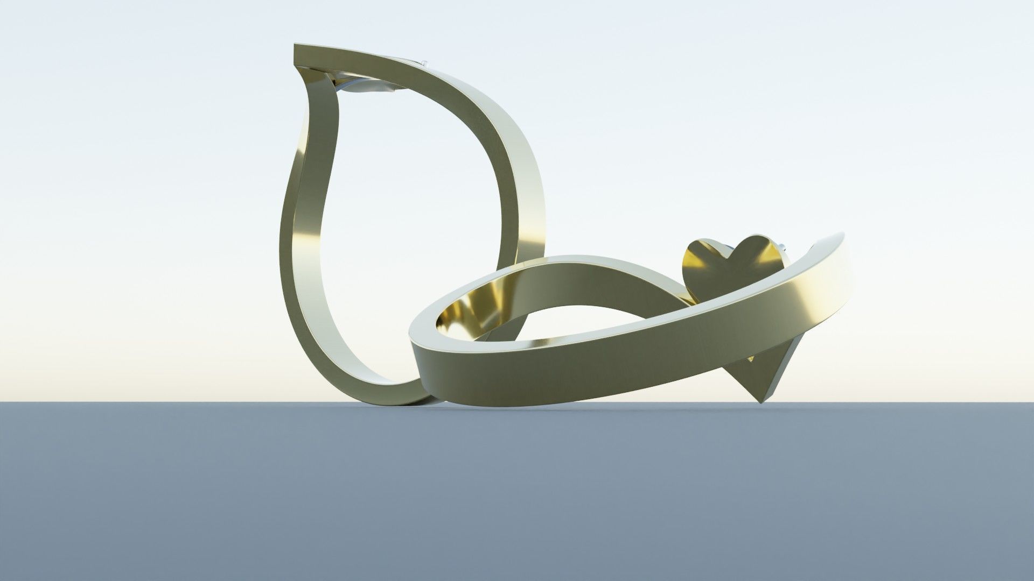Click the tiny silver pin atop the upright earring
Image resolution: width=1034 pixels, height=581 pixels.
click(x=425, y=63)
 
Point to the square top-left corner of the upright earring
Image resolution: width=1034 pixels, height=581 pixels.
click(x=296, y=48)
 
